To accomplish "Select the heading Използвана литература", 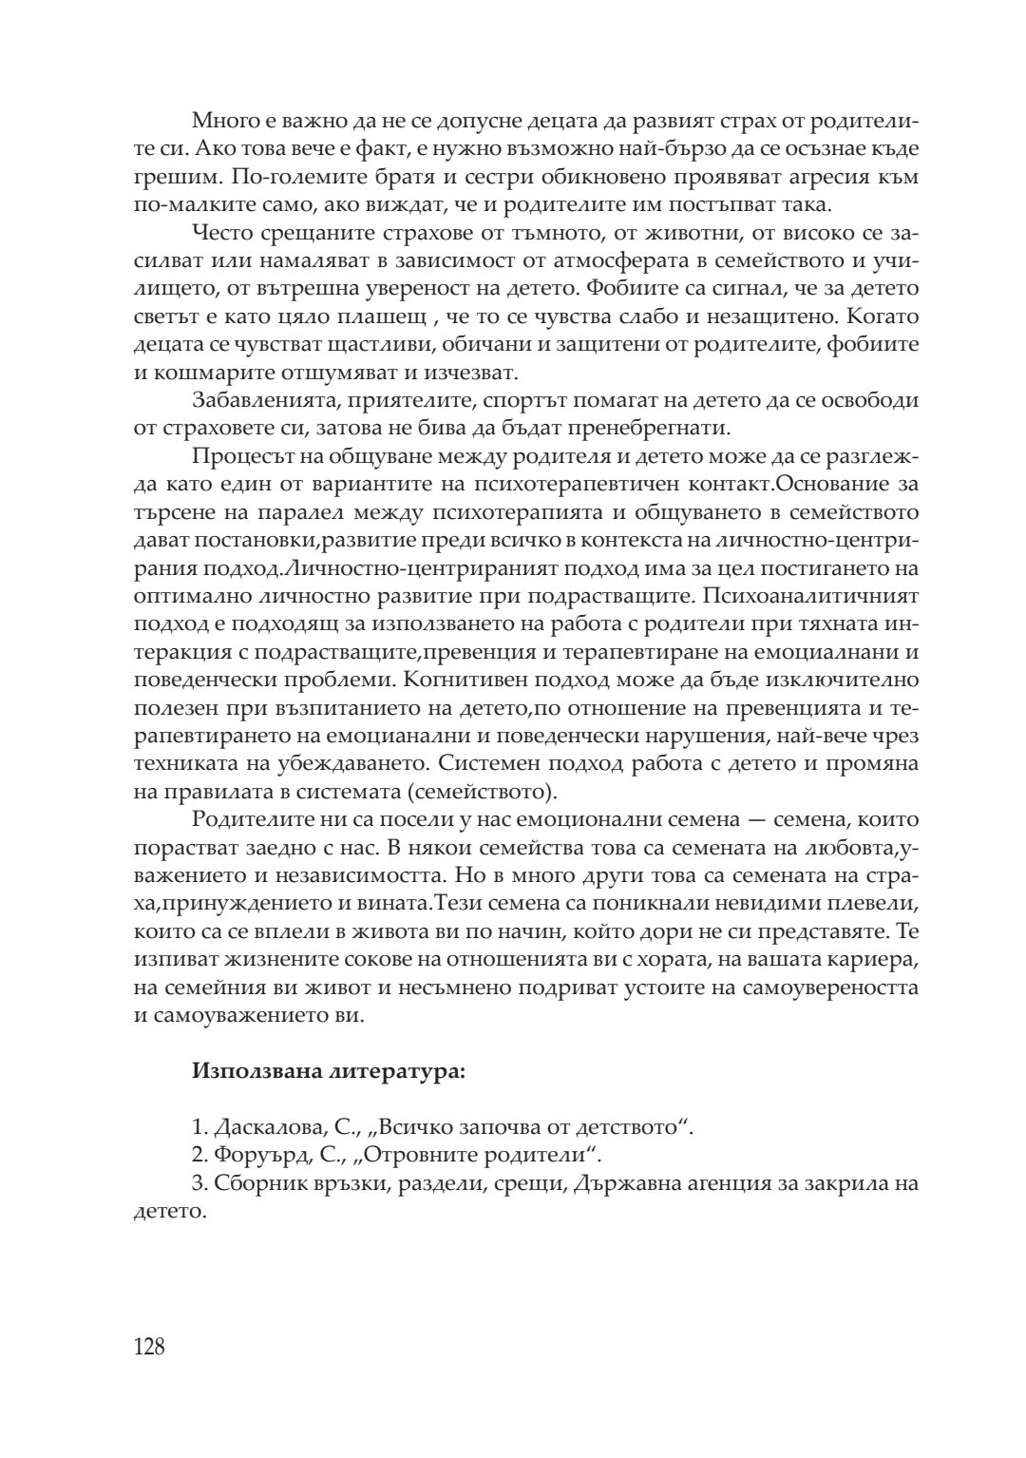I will point(328,1072).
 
